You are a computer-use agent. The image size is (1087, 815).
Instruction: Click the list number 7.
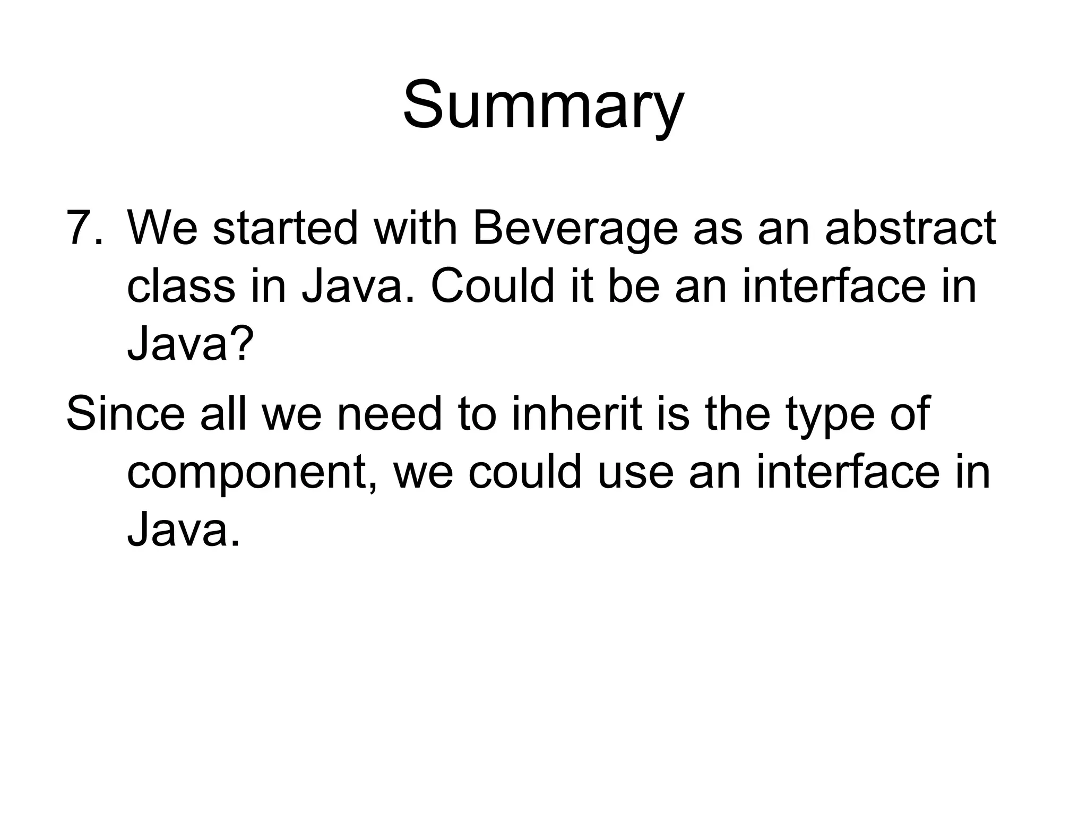coord(84,229)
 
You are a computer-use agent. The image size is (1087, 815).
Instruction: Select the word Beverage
coord(575,229)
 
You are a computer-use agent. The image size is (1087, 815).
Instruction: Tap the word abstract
coord(910,229)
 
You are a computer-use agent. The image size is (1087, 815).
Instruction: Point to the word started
coord(285,229)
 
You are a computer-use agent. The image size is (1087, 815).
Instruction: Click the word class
coord(181,287)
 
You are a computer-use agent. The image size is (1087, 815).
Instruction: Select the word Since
coord(126,414)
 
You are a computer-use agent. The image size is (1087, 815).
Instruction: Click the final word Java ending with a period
coord(183,530)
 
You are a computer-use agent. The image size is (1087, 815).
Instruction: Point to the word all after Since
coord(223,414)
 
